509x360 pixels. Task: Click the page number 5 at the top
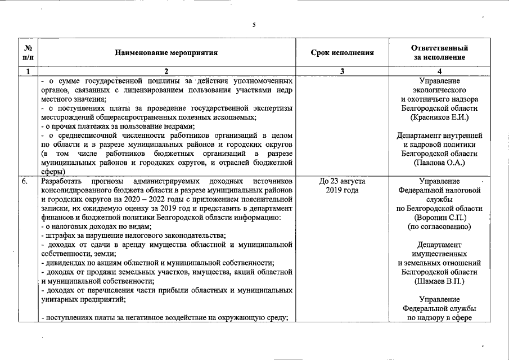click(x=254, y=25)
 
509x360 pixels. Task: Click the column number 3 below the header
click(x=342, y=71)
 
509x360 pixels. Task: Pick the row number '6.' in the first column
click(x=25, y=182)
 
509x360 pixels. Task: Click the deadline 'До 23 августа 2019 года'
click(x=342, y=186)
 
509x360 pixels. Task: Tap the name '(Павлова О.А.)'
click(x=439, y=163)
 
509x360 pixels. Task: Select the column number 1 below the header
click(x=28, y=71)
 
